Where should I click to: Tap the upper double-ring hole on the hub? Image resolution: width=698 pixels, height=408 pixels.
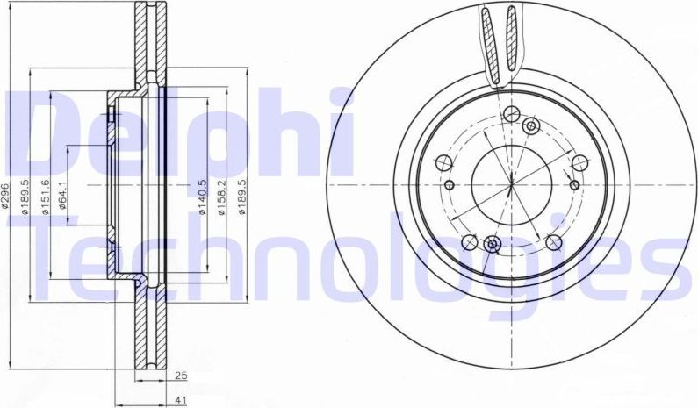[529, 128]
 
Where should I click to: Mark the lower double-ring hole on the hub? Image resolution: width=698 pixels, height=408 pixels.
[492, 243]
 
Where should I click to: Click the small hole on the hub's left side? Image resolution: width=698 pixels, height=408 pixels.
[449, 185]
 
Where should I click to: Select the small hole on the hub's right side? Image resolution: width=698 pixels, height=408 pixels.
[573, 184]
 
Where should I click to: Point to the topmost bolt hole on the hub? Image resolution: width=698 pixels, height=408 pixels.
[510, 113]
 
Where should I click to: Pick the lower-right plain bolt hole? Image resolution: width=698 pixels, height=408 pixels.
[553, 241]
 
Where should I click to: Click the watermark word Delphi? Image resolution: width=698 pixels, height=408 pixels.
[176, 132]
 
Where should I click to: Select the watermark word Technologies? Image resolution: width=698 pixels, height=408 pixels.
[351, 254]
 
